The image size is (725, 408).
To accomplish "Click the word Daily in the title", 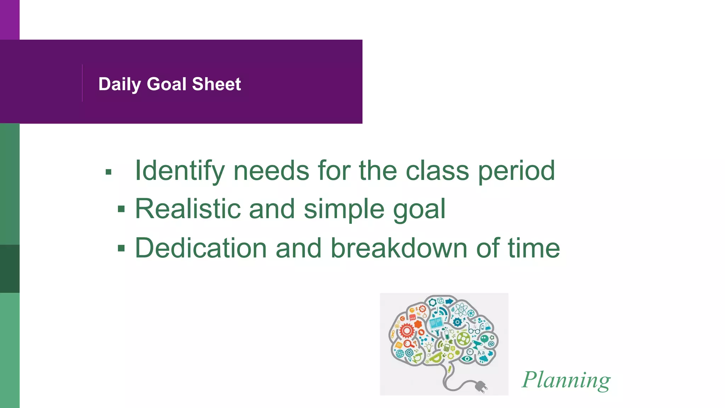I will [x=119, y=84].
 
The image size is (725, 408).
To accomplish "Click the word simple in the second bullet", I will [x=343, y=209].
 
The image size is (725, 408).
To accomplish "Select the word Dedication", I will [x=201, y=248].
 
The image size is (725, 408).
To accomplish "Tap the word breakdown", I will [x=399, y=248].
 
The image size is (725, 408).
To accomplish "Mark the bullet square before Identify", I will [x=109, y=172].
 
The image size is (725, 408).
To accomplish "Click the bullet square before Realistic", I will [x=121, y=210].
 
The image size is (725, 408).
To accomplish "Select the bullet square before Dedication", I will [x=121, y=249].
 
